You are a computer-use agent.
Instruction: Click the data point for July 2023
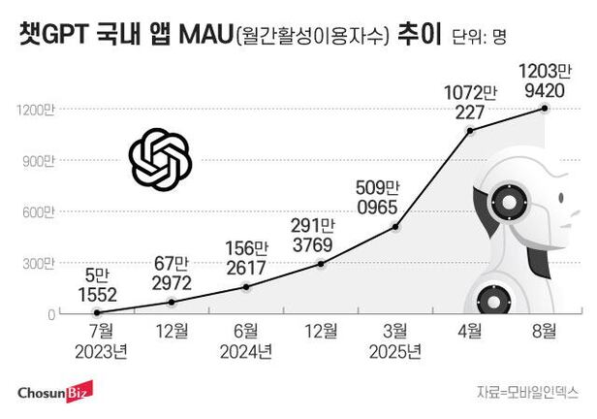(97, 312)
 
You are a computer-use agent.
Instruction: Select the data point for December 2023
(172, 302)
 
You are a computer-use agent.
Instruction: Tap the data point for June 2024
(246, 287)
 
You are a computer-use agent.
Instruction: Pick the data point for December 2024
(321, 264)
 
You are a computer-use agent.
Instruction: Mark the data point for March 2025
(395, 228)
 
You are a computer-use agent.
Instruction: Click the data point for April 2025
(470, 129)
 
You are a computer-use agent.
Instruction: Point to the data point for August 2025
(545, 109)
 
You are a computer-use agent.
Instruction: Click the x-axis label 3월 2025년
(395, 340)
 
